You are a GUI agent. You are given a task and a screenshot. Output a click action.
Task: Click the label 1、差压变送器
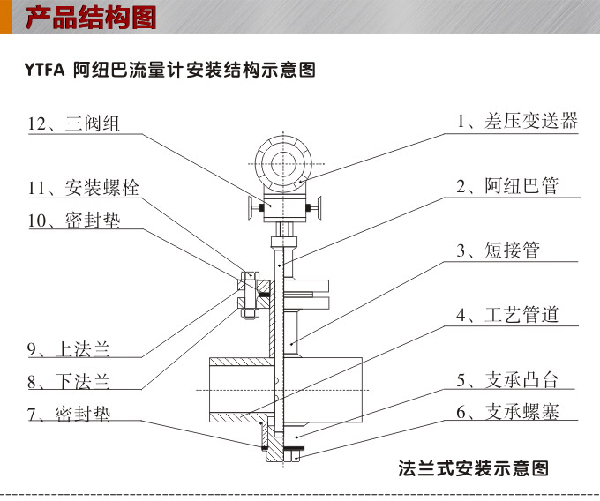click(516, 122)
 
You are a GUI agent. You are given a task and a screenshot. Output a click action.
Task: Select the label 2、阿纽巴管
click(506, 186)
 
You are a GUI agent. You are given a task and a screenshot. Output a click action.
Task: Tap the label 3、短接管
click(497, 250)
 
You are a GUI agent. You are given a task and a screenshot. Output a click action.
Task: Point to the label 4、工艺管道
click(506, 315)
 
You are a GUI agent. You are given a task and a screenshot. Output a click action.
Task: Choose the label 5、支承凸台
click(506, 380)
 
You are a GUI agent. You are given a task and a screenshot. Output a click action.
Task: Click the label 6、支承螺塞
click(506, 412)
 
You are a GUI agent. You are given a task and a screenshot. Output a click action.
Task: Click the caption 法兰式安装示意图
click(474, 467)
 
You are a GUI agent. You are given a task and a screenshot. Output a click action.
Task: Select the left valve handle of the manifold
click(251, 208)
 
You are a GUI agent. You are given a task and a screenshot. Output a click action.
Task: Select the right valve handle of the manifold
click(317, 208)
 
